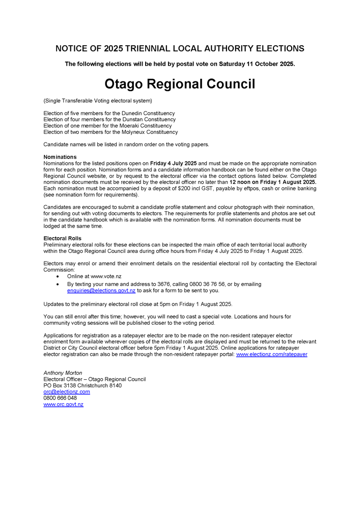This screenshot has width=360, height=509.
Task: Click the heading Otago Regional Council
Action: pos(180,84)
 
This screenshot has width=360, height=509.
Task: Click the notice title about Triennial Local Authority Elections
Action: pos(180,49)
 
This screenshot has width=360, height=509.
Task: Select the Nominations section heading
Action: pos(60,157)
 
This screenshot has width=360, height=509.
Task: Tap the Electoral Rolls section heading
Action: pos(63,238)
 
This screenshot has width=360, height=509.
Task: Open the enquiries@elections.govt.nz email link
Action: pos(101,291)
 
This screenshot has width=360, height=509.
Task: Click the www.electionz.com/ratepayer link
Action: pos(271,354)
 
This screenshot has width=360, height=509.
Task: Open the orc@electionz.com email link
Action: pos(67,392)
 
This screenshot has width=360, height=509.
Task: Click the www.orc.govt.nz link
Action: pos(64,404)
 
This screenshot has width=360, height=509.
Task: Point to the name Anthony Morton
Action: pos(63,373)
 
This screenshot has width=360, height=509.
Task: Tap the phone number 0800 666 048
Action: pos(60,398)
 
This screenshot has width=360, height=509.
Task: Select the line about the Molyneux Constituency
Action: pos(110,132)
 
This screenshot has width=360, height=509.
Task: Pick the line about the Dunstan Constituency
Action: pos(109,120)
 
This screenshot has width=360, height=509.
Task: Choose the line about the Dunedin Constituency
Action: pos(109,113)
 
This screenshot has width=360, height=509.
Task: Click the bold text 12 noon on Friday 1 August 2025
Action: pos(273,182)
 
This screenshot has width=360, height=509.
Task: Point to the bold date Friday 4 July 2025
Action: pos(173,163)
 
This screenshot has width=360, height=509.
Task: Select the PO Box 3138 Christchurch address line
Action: pos(82,386)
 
